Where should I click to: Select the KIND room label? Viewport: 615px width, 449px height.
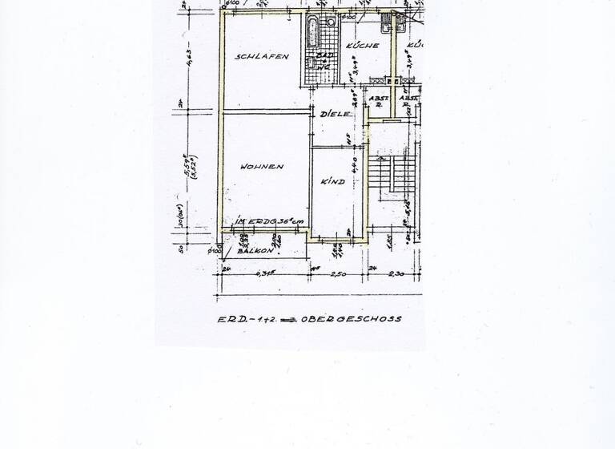coord(332,182)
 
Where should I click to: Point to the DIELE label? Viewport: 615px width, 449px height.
coord(336,115)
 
